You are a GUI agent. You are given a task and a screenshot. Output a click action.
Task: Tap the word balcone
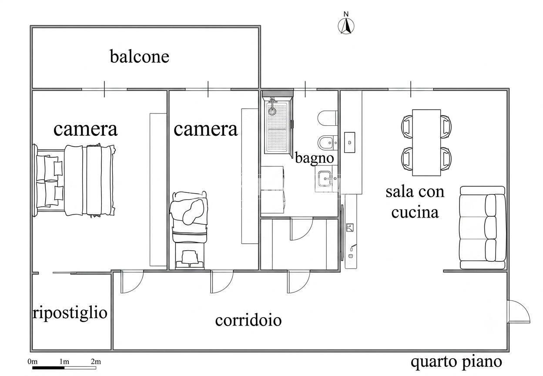click(139, 57)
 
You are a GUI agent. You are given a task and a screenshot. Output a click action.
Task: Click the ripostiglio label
click(70, 313)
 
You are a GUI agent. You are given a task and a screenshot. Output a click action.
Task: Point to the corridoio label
click(248, 320)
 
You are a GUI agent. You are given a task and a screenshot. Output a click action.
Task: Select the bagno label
click(314, 158)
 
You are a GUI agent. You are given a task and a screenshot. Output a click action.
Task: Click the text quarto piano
click(456, 362)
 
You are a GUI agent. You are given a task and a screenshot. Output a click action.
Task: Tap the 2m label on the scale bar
click(96, 362)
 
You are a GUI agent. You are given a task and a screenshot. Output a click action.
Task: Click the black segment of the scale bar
click(48, 368)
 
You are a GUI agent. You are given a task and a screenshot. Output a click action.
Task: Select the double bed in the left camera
click(74, 180)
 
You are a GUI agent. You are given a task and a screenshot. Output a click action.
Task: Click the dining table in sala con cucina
click(426, 143)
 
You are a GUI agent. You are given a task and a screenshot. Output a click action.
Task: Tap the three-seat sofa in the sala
click(483, 228)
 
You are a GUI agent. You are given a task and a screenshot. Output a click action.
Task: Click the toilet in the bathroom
click(328, 118)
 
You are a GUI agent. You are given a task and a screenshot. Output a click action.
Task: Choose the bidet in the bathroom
click(328, 143)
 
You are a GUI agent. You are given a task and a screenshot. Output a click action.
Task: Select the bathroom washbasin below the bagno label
click(326, 179)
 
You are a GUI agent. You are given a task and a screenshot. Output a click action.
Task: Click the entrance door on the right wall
click(519, 311)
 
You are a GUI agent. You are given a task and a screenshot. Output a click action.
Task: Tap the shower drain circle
click(272, 111)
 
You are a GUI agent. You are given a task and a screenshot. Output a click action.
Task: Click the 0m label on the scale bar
click(33, 362)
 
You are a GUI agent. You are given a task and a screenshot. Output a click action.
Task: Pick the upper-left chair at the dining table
click(407, 127)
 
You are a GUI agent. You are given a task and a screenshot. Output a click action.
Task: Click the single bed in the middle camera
click(189, 230)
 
